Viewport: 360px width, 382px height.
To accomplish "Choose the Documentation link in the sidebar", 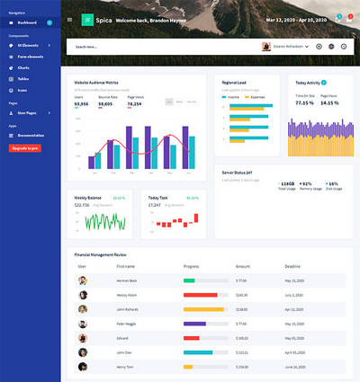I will pyautogui.click(x=29, y=135).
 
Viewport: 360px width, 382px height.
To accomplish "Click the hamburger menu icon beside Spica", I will pyautogui.click(x=69, y=19).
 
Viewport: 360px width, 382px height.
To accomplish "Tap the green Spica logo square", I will pyautogui.click(x=86, y=19).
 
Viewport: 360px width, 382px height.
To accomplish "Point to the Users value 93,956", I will pyautogui.click(x=81, y=103).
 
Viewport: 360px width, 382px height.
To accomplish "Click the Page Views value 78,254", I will pyautogui.click(x=134, y=103).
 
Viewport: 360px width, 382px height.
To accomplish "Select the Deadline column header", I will pyautogui.click(x=292, y=267).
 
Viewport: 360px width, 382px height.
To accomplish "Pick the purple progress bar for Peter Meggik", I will pyautogui.click(x=194, y=323).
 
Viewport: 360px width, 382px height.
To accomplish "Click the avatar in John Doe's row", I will pyautogui.click(x=82, y=351).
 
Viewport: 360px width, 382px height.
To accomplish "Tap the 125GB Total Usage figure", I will pyautogui.click(x=288, y=184).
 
